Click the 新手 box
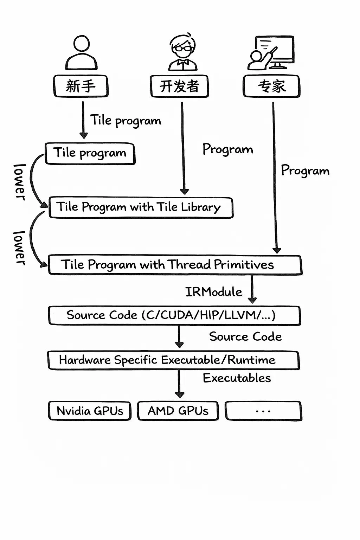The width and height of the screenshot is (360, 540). coord(81,86)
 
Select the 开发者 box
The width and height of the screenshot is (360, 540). coord(179,86)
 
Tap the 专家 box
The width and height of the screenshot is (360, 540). coord(271,86)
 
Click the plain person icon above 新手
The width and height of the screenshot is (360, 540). coord(81,53)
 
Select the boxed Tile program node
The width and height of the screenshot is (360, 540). coord(90,153)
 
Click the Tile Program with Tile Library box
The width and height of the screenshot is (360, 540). coord(141,207)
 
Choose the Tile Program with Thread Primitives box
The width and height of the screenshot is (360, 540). coord(175,265)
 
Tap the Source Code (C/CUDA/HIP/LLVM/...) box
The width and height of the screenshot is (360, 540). coord(174,315)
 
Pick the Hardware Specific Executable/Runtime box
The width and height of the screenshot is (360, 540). coord(173,360)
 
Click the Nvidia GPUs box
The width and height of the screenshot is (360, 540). coord(90,411)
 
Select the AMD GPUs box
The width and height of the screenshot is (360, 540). coord(178,411)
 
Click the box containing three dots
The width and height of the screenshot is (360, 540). coord(263,411)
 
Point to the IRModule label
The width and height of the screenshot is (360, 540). coord(214,292)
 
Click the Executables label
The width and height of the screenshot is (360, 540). coord(237,378)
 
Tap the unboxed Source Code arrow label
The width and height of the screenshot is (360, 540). coord(245,336)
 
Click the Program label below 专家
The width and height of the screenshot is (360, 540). coord(305,171)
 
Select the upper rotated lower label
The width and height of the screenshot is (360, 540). coord(20,182)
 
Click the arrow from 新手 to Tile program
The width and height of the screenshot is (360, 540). coord(83,120)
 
